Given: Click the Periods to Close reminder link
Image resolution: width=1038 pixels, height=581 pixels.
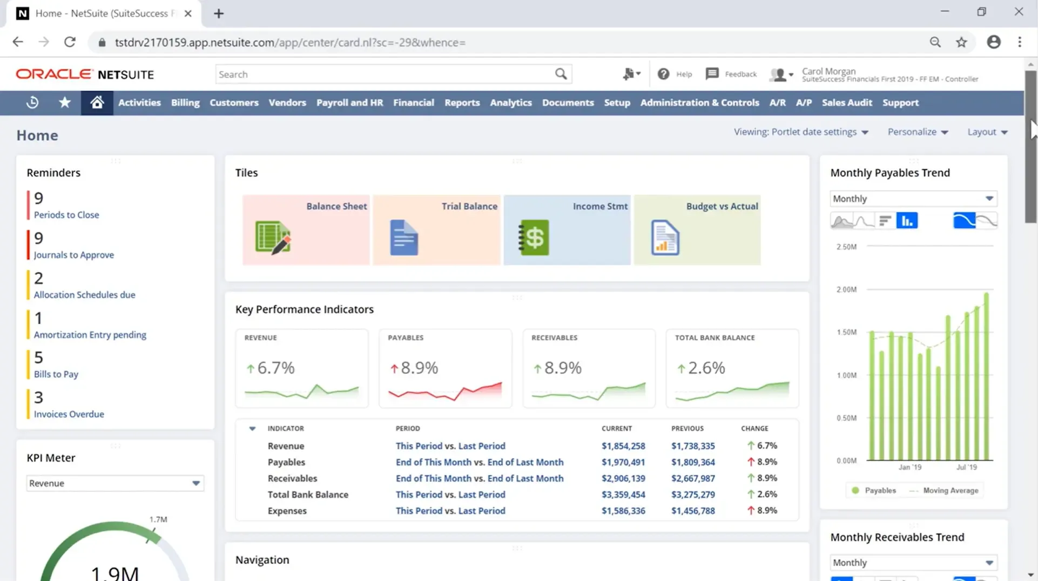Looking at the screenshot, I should click(66, 215).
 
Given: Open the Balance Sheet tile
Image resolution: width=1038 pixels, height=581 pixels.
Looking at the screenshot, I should click(306, 230).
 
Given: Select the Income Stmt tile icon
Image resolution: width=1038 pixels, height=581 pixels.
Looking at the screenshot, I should click(534, 238).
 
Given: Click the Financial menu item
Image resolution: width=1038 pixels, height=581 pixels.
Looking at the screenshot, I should click(413, 103).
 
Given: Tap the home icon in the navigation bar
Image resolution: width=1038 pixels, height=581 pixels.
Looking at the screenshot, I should click(97, 103).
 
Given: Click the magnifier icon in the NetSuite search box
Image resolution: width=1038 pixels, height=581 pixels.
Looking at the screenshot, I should click(561, 74).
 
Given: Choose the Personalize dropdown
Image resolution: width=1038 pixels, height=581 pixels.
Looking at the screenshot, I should click(918, 132).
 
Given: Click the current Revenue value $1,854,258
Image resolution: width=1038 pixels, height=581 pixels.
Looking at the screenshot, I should click(623, 446).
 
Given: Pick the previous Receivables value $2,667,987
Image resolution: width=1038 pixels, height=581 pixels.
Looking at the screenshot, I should click(693, 478).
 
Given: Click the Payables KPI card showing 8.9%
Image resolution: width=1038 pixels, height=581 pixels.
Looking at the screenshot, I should click(445, 368).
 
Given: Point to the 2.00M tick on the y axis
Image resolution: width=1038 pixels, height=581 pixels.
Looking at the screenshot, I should click(846, 289).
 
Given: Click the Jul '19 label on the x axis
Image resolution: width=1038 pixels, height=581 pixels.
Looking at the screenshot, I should click(966, 467).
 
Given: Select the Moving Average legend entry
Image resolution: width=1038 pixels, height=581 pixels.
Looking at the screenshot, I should click(950, 490).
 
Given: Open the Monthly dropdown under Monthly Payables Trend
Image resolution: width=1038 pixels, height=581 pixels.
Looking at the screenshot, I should click(913, 199).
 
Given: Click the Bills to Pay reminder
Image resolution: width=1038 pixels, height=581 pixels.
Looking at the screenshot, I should click(56, 374).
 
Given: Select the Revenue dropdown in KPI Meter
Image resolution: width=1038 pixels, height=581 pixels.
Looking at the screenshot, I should click(114, 483).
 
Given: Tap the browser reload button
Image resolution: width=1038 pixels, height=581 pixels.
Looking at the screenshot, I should click(70, 42).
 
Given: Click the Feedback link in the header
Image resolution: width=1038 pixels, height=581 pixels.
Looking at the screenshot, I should click(740, 74).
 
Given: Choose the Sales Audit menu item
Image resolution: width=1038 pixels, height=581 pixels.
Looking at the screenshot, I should click(846, 103).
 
